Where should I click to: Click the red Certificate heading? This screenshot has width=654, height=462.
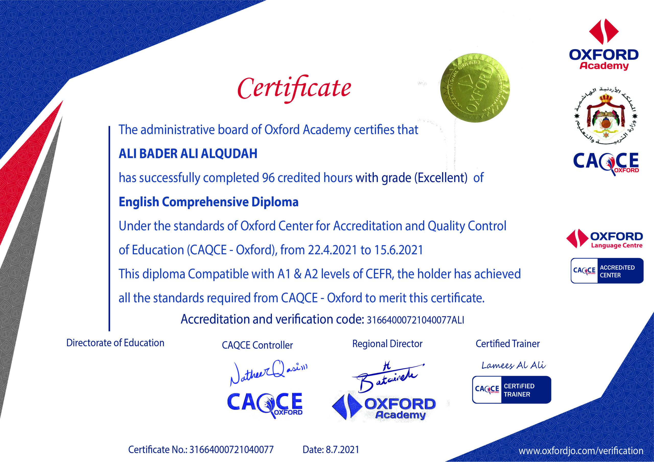click(294, 88)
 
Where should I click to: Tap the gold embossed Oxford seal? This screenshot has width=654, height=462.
click(475, 88)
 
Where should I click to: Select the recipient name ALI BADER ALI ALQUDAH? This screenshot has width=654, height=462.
click(188, 154)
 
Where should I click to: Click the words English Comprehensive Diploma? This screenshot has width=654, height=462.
click(208, 202)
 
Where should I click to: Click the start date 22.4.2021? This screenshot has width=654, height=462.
click(332, 250)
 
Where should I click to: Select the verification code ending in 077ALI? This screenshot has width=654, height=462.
click(415, 320)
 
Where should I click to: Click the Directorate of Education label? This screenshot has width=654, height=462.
click(115, 343)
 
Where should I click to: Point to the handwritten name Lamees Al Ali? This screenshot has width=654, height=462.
click(513, 365)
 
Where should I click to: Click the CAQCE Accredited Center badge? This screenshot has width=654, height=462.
click(607, 271)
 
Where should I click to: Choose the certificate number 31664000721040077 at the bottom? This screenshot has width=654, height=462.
click(231, 450)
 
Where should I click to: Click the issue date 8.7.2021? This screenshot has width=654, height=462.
click(342, 450)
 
